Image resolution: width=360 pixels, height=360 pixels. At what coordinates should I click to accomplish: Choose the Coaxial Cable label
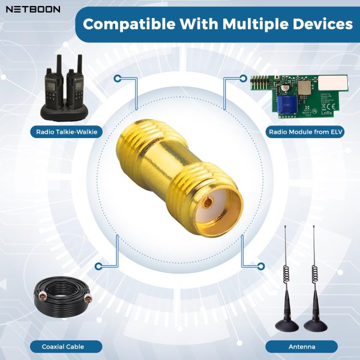point(64,346)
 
